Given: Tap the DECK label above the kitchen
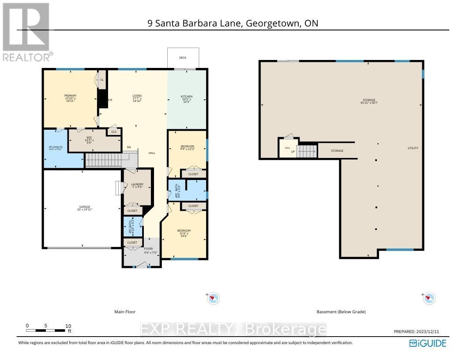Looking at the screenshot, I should click(182, 58).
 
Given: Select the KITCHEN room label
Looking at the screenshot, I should click(187, 97).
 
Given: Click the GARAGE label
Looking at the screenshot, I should click(85, 206).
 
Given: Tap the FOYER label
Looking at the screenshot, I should click(148, 249).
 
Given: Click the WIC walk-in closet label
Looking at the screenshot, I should click(89, 138).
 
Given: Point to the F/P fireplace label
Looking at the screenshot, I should click(110, 100).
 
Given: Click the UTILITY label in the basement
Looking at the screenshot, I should click(413, 148).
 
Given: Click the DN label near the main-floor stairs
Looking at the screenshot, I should click(129, 147).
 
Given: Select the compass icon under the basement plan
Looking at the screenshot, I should click(429, 299).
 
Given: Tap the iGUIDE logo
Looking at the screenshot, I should click(428, 343).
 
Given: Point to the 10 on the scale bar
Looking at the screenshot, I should click(68, 326).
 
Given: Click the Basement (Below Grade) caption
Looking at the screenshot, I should click(341, 312).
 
